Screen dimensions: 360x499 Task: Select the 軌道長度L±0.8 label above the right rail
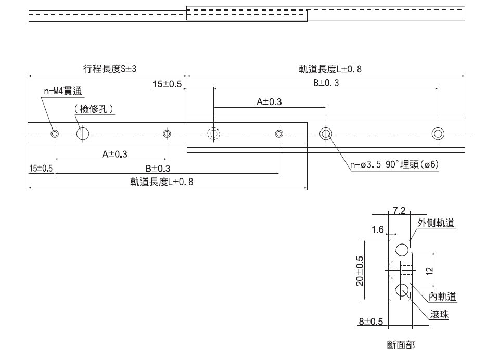point(330,69)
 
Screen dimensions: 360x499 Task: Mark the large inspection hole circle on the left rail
point(83,134)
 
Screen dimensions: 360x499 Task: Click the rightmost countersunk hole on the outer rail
point(438,134)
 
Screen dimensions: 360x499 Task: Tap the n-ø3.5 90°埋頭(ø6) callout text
point(395,165)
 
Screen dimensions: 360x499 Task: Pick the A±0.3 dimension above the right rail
point(269,102)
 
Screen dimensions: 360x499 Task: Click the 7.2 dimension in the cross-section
point(399,211)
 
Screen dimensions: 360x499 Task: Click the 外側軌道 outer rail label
point(436,223)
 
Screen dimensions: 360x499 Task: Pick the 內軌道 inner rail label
point(442,297)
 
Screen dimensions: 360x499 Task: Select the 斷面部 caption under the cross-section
point(401,344)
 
